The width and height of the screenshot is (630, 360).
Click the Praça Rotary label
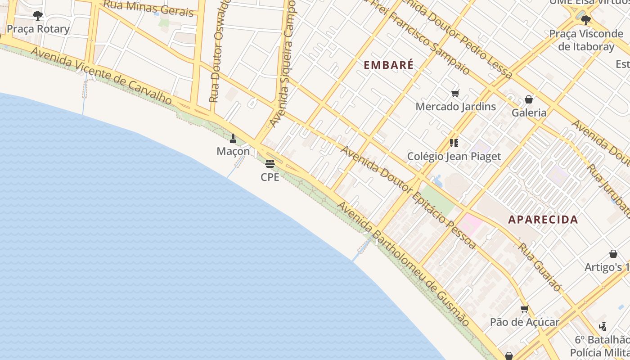[38, 29]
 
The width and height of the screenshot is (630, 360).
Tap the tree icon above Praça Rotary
[38, 16]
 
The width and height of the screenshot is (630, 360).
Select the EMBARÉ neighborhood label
[388, 65]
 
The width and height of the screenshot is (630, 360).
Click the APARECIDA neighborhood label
[543, 220]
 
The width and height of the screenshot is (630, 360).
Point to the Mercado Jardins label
[455, 107]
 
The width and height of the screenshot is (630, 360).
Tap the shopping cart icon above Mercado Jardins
[455, 94]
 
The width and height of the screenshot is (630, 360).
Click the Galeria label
[529, 112]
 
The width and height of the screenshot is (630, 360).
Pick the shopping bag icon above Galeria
[529, 99]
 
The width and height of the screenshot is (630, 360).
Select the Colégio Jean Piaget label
[454, 157]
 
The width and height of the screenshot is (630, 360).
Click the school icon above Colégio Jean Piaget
[454, 143]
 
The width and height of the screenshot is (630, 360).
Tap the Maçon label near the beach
[233, 151]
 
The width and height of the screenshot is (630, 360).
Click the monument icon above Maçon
[233, 138]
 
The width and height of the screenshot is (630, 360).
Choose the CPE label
[270, 177]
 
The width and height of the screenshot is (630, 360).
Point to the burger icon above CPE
[270, 163]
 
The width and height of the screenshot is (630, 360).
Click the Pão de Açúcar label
[524, 322]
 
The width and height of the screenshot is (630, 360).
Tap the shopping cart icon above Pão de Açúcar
[524, 309]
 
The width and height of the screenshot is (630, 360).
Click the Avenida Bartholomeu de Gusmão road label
[403, 264]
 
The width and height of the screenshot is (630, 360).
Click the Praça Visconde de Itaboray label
[585, 40]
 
